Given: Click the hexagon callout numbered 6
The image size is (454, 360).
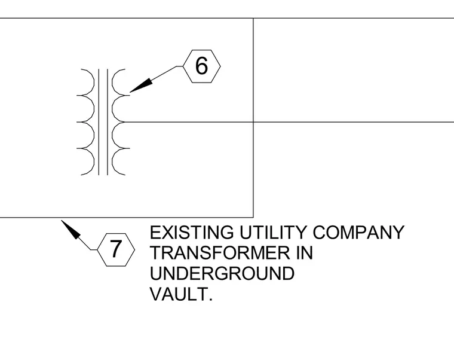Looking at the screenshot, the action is (202, 66).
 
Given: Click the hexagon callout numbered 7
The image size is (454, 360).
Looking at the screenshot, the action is (116, 249).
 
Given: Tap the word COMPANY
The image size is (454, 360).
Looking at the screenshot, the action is (358, 233).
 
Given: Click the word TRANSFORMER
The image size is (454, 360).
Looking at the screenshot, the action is (220, 253).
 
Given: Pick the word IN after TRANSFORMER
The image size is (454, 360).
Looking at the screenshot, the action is (305, 253).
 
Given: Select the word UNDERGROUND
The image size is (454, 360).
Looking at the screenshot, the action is (222, 273).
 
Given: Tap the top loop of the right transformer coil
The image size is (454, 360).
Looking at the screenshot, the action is (113, 82).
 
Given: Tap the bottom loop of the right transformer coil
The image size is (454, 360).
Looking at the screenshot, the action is (113, 161).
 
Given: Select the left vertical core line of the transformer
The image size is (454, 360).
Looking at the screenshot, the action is (99, 122).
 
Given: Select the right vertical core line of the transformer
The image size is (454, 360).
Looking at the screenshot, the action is (108, 122).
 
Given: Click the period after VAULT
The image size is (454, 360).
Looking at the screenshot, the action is (210, 300).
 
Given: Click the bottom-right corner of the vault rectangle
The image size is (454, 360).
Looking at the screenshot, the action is (253, 217).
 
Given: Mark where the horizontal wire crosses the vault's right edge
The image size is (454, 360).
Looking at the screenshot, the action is (253, 122).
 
